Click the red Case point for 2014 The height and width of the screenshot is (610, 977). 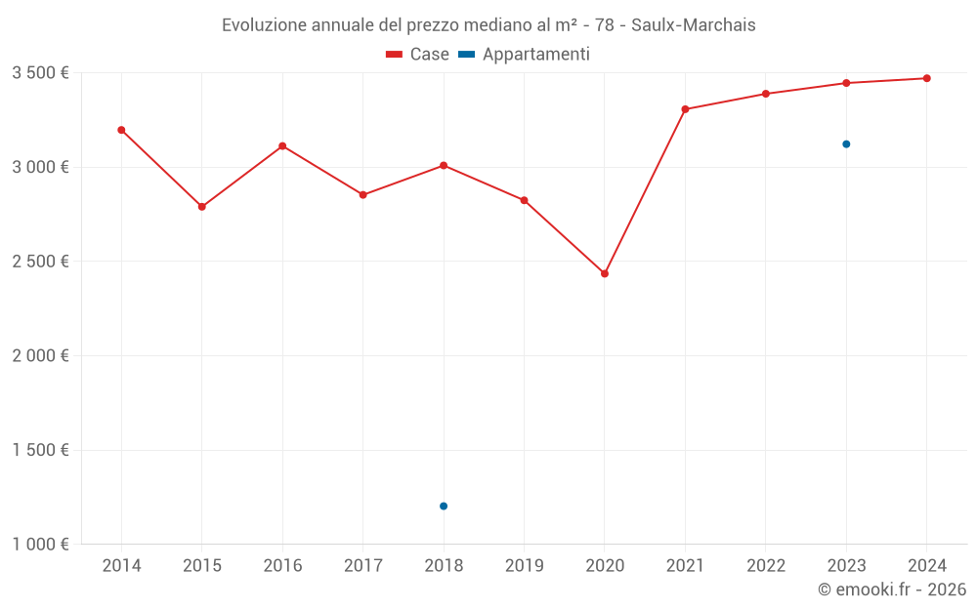tap(121, 130)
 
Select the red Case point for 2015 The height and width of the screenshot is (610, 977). tap(202, 207)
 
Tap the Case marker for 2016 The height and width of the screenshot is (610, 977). tap(282, 146)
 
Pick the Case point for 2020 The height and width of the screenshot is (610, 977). tap(605, 274)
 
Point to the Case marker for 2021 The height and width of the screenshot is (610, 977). tap(685, 109)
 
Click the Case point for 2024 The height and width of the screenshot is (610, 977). tap(926, 78)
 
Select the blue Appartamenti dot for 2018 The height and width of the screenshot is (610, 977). tap(444, 506)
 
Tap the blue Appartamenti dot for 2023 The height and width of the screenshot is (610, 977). tap(846, 144)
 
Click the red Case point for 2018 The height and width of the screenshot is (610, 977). tap(444, 166)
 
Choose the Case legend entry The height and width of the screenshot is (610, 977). tap(418, 55)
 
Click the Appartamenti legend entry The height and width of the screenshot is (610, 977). tap(525, 55)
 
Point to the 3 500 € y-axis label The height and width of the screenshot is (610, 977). tap(40, 73)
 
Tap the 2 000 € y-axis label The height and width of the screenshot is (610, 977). tap(40, 356)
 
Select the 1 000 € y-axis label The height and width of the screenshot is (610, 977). tap(40, 545)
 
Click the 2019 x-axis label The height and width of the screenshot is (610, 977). tap(524, 566)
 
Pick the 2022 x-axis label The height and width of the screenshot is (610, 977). tap(766, 566)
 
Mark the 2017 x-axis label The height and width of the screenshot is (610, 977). tap(362, 566)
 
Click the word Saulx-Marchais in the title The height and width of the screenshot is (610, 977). tap(693, 25)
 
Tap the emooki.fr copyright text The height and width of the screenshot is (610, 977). tap(892, 590)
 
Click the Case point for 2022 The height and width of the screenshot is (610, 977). tap(766, 94)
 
